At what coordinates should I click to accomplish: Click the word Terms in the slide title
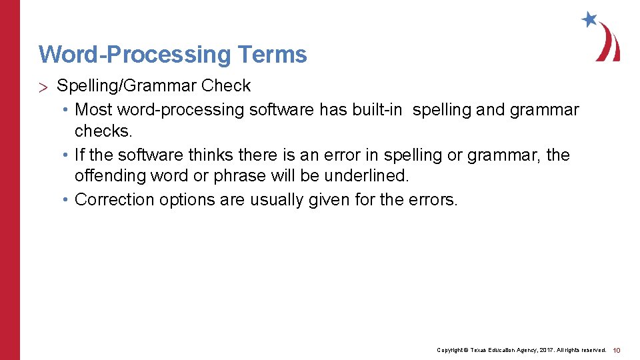pyautogui.click(x=271, y=54)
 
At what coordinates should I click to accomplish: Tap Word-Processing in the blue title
pyautogui.click(x=133, y=54)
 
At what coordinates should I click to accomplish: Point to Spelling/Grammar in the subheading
pyautogui.click(x=127, y=86)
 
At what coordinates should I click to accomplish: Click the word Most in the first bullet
pyautogui.click(x=94, y=109)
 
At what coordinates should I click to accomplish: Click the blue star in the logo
pyautogui.click(x=589, y=19)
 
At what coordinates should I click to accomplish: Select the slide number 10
pyautogui.click(x=617, y=350)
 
